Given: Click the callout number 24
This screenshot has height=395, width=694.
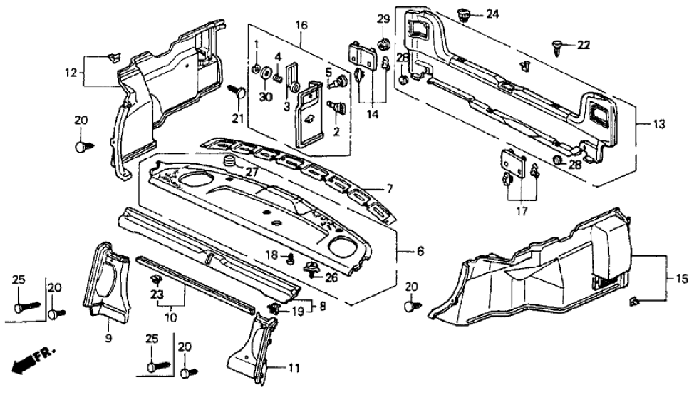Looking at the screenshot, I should [493, 14].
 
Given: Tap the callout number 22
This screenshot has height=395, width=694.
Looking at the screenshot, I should [584, 46].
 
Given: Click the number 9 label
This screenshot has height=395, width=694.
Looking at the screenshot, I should [109, 338].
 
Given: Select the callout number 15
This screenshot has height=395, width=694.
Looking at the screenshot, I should [673, 276].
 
